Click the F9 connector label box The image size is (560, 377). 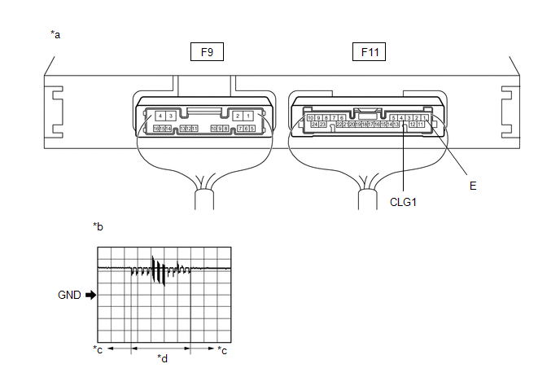point(207,53)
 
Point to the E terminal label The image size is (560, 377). point(473,186)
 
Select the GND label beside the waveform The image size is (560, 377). point(69,296)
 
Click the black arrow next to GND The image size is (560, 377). point(90,296)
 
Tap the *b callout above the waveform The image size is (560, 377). point(98,226)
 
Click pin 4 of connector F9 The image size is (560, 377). point(161,117)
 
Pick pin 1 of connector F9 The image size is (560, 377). point(246,117)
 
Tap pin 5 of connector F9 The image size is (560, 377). point(252,129)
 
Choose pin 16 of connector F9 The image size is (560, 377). point(155,129)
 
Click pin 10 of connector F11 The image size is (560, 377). point(311,118)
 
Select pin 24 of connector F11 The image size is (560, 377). point(314,125)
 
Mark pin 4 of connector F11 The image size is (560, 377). point(401,118)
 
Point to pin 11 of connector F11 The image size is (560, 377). point(421,125)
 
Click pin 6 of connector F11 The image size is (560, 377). point(341,118)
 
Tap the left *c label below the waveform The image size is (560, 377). point(98,350)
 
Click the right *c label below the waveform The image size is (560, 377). point(223,350)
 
